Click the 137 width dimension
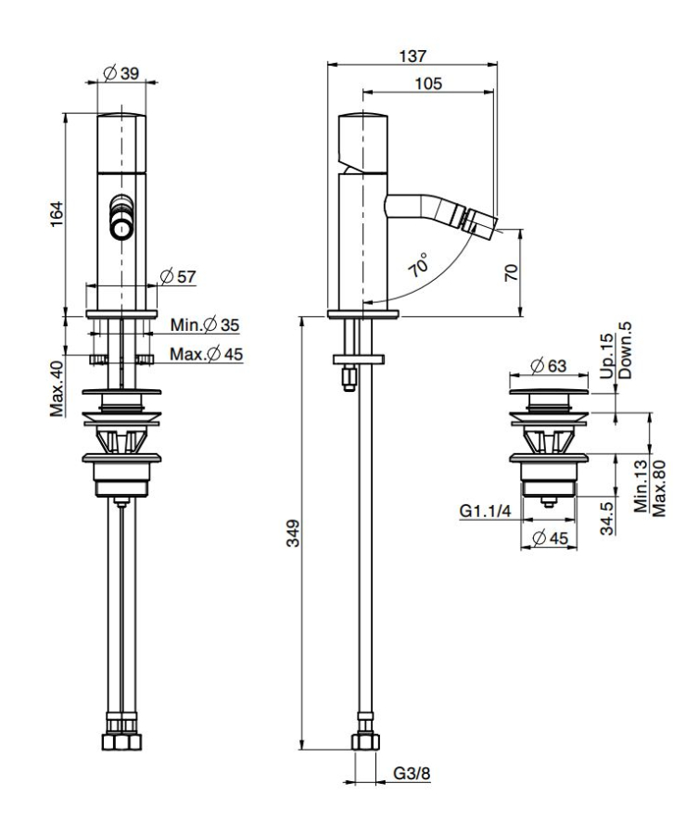point(412,56)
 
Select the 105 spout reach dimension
point(428,83)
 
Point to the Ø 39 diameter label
point(121,73)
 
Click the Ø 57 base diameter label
point(178,276)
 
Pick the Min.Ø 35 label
point(205,324)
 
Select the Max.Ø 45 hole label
point(207,354)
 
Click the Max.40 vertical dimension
point(57,389)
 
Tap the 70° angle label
point(419,265)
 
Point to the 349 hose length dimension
point(293,533)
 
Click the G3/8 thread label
point(412,773)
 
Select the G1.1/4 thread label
point(485,512)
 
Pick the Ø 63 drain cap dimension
point(549,366)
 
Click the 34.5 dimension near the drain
point(607,517)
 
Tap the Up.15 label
point(606,356)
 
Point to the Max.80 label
point(659,488)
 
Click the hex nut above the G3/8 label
point(365,741)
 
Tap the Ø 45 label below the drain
point(552,538)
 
